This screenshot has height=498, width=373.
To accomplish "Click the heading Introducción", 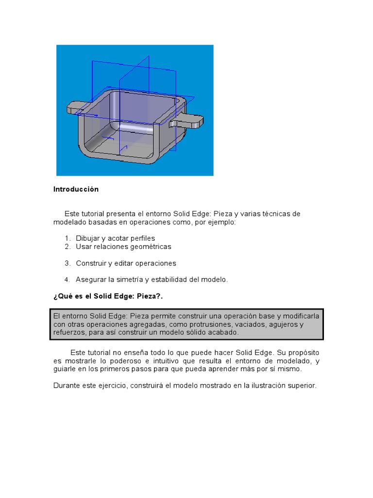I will pyautogui.click(x=76, y=189).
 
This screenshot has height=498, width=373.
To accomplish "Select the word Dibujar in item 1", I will pyautogui.click(x=88, y=238).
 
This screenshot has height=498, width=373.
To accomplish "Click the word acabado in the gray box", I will pyautogui.click(x=224, y=333).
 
